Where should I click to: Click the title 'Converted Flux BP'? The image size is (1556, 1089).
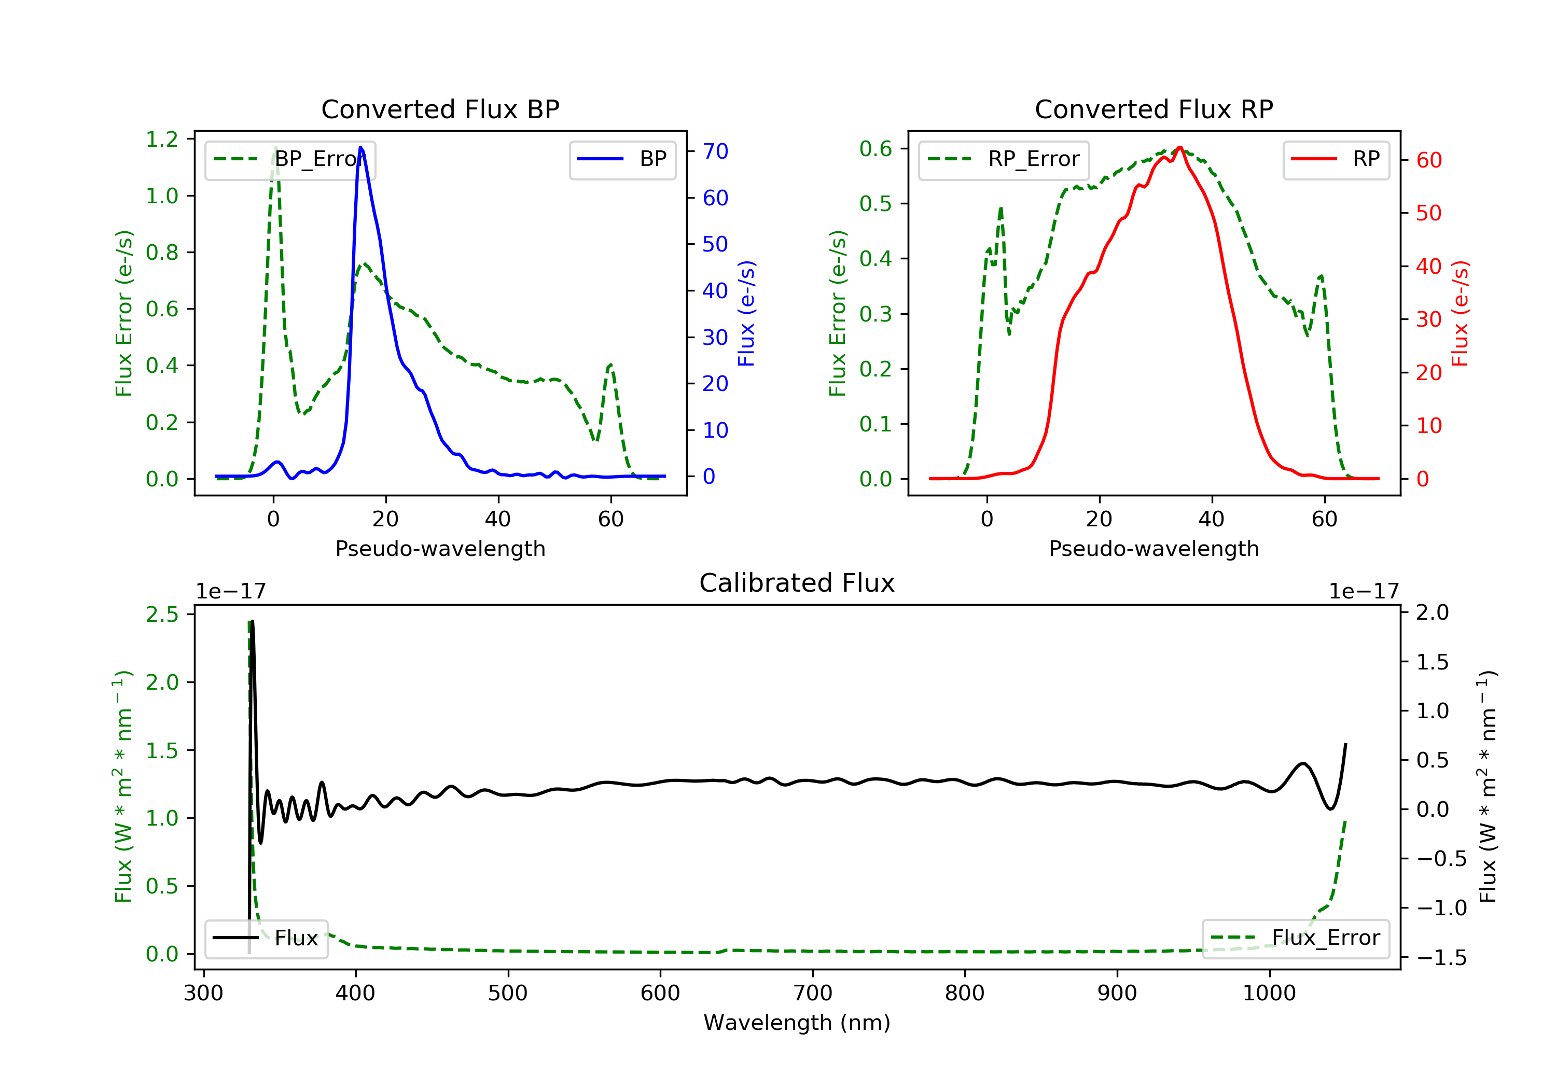point(440,109)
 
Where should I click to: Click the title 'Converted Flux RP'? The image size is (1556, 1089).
point(1154,109)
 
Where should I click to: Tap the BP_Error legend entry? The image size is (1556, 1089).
point(290,159)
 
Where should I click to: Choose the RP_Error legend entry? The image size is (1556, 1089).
point(1003,159)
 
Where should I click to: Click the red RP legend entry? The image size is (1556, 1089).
point(1335,159)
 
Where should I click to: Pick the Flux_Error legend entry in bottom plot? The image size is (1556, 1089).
point(1295,938)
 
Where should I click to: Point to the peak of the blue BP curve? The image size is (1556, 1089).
point(360,148)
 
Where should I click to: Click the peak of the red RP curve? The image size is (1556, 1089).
point(1180,148)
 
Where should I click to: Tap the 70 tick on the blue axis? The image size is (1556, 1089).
point(715,151)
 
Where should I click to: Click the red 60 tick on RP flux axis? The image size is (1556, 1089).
point(1428,161)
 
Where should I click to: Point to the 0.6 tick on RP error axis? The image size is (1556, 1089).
point(876,148)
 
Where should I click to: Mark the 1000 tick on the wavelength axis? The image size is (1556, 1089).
point(1269,994)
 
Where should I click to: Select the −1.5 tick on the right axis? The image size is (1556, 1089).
point(1441,957)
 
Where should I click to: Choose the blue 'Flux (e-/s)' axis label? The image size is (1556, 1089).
point(746,313)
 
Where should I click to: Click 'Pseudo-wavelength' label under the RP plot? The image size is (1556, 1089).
point(1154,548)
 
